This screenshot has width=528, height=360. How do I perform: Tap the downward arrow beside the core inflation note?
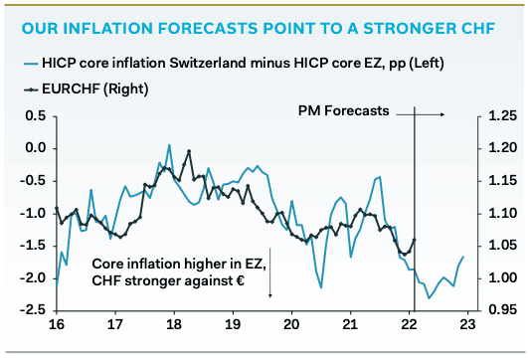(271, 273)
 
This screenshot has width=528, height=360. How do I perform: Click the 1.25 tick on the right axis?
(502, 115)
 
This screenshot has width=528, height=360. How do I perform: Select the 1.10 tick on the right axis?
(502, 213)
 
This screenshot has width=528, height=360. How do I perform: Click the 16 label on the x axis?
(57, 325)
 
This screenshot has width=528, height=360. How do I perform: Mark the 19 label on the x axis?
(233, 325)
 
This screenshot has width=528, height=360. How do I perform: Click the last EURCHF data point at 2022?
(413, 240)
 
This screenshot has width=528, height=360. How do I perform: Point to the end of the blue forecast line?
(462, 258)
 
